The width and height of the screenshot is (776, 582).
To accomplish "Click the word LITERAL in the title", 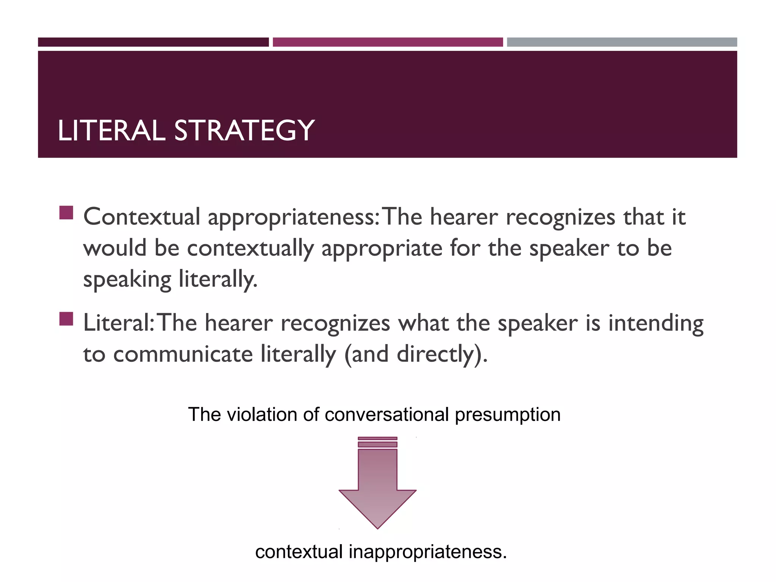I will [x=111, y=131].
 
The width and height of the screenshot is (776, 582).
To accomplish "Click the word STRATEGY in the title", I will [x=244, y=131].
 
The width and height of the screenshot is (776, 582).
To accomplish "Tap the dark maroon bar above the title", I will [x=153, y=42].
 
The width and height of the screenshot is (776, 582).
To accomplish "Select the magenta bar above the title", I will [x=388, y=42].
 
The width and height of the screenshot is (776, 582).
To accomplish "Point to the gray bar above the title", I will [x=622, y=42].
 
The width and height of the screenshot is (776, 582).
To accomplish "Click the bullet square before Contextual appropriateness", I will [x=66, y=213].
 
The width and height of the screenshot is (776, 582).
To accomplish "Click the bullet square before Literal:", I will [x=66, y=319].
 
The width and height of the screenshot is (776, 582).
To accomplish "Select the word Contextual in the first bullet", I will [x=141, y=217].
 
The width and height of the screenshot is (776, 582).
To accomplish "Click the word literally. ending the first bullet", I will [x=218, y=280].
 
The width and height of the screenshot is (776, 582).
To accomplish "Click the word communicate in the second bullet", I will [x=183, y=354].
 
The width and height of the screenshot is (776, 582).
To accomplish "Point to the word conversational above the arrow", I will [x=387, y=414].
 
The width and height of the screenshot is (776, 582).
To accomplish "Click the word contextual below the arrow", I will [x=299, y=551].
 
